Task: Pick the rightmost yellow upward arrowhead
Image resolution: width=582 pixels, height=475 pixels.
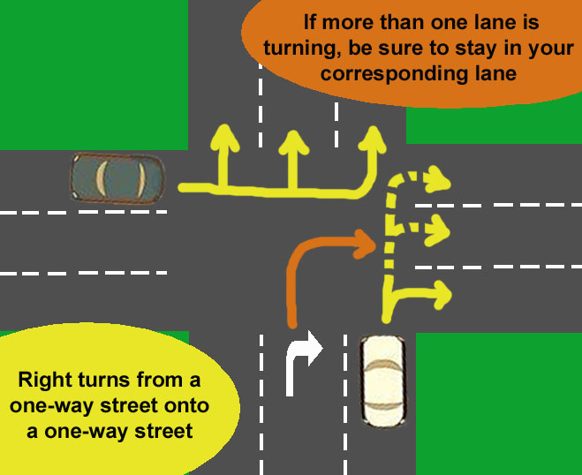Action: (x=374, y=138)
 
